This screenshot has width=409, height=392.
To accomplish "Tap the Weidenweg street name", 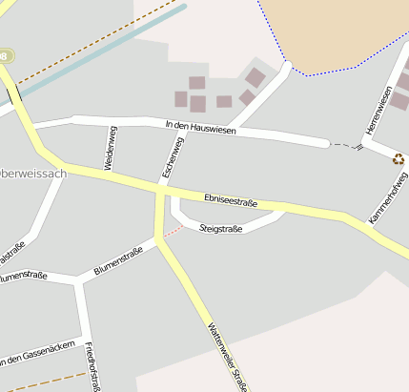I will point(110,148).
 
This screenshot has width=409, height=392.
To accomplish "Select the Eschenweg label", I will point(172,157).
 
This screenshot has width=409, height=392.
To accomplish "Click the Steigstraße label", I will point(221,229).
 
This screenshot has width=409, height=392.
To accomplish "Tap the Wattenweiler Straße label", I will point(227,355).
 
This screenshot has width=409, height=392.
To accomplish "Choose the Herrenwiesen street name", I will point(378,111).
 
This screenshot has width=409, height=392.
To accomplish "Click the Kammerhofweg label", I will point(387,198).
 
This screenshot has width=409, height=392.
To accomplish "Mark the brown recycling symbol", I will point(398,159).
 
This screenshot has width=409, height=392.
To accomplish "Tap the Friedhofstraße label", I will point(93,366).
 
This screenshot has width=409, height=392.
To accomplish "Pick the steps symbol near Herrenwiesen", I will point(359,147).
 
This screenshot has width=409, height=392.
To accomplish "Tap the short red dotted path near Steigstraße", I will point(172,232).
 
